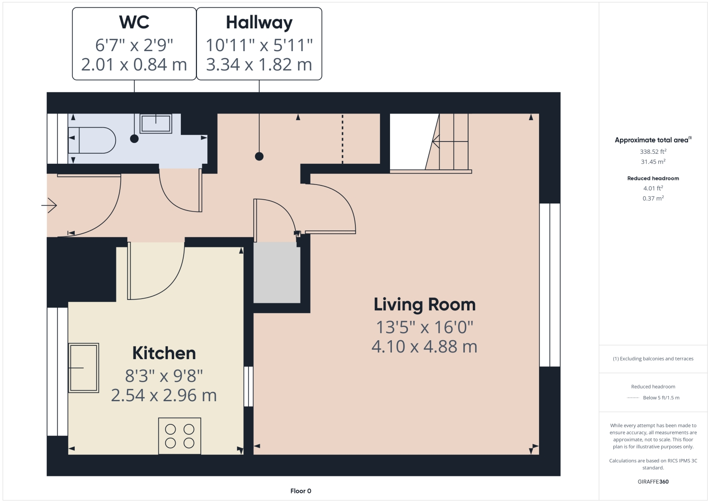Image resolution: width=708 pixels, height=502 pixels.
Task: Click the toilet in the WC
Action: [x=92, y=140]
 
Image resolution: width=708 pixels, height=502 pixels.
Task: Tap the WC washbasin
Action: [x=156, y=123]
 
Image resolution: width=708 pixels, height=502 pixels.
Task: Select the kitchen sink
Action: [x=84, y=368]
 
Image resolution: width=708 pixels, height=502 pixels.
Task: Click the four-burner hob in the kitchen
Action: [x=180, y=436]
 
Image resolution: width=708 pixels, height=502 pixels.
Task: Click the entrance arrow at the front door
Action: [x=49, y=205]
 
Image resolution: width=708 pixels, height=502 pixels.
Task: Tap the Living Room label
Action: [x=425, y=305]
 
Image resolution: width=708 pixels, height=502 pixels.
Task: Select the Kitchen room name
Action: [x=164, y=353]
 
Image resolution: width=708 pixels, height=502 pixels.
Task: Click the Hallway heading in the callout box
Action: [x=259, y=23]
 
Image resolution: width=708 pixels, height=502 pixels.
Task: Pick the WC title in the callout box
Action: [x=134, y=23]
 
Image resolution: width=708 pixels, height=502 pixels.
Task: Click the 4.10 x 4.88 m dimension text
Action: [x=425, y=347]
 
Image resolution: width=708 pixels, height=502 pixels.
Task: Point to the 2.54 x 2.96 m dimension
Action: [x=164, y=396]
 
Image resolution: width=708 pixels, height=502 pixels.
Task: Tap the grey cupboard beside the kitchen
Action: [x=277, y=273]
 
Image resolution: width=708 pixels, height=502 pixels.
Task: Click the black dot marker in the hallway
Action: [x=259, y=156]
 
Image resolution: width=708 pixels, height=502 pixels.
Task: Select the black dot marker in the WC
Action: [x=134, y=139]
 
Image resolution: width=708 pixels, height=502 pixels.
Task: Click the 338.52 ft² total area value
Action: [x=653, y=152]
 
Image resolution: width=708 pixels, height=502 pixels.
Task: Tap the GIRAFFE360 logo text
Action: [x=653, y=482]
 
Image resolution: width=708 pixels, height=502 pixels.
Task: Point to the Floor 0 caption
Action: [x=301, y=491]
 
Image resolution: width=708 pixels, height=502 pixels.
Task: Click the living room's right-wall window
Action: [x=550, y=285]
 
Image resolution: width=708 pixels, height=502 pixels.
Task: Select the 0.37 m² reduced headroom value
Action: [x=653, y=199]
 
